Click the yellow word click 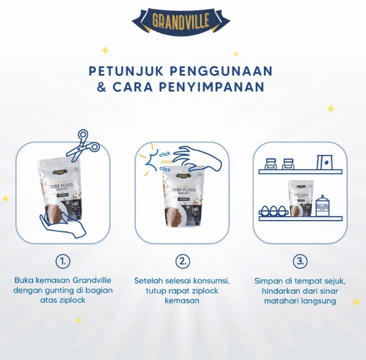click(x=166, y=161)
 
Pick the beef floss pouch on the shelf click(x=299, y=197)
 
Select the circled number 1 click(x=62, y=262)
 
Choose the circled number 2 click(x=183, y=262)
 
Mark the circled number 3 click(x=300, y=262)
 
